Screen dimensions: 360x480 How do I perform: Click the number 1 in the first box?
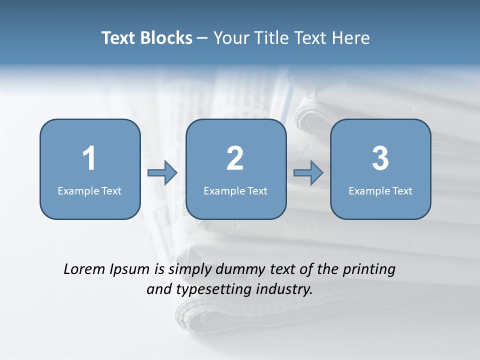pos(89,158)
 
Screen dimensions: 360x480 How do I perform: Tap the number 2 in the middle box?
pos(235,158)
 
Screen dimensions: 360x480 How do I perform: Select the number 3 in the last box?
pos(380,158)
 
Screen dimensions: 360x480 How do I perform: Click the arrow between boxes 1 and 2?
pos(162,173)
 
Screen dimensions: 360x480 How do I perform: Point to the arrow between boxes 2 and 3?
pos(308,173)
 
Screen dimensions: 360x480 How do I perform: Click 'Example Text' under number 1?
pos(89,190)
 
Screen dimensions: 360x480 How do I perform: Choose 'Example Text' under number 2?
pos(235,190)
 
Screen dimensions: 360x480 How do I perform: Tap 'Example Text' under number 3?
pos(380,190)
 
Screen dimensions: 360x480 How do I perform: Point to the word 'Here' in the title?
pos(351,38)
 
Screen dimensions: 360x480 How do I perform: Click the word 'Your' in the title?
pos(228,38)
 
